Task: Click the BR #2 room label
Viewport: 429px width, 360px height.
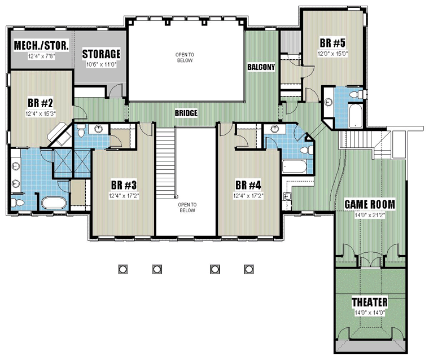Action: point(40,103)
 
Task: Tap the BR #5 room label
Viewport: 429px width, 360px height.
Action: point(332,43)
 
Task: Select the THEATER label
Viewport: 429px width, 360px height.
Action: point(370,302)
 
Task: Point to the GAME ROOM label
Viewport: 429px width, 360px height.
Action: point(370,204)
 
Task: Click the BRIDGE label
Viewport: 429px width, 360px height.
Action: point(186,113)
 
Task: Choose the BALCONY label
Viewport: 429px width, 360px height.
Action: point(261,67)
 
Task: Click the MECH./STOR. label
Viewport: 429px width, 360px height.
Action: point(41,46)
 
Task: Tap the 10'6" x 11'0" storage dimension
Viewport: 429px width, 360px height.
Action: point(101,65)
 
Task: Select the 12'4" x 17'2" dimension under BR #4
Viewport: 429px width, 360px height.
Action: point(248,196)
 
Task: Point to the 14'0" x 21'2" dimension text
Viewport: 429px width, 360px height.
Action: point(370,216)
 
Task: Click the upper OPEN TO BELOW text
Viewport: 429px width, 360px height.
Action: point(185,58)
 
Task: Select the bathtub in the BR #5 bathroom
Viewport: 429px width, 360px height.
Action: point(356,116)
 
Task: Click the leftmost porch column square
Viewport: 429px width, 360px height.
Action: point(123,269)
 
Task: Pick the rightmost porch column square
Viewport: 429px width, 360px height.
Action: point(249,269)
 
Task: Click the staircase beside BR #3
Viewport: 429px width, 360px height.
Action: point(165,161)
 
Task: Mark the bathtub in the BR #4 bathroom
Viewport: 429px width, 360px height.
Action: point(294,166)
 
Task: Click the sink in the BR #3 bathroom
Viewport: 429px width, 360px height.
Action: point(98,129)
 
